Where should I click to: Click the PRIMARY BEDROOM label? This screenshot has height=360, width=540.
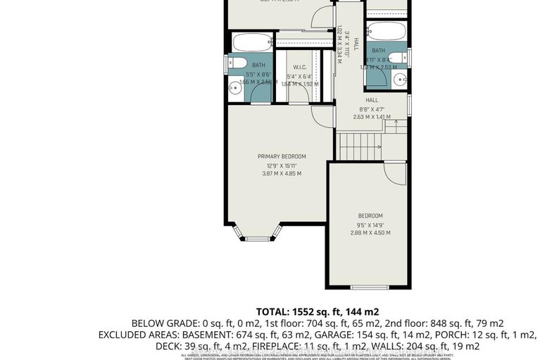[282, 156]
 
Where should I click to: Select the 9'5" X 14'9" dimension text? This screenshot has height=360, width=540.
[370, 225]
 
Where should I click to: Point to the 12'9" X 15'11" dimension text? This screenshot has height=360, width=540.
[282, 166]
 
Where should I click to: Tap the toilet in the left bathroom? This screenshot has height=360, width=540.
[234, 63]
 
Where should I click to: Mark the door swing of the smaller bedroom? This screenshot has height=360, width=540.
[398, 174]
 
